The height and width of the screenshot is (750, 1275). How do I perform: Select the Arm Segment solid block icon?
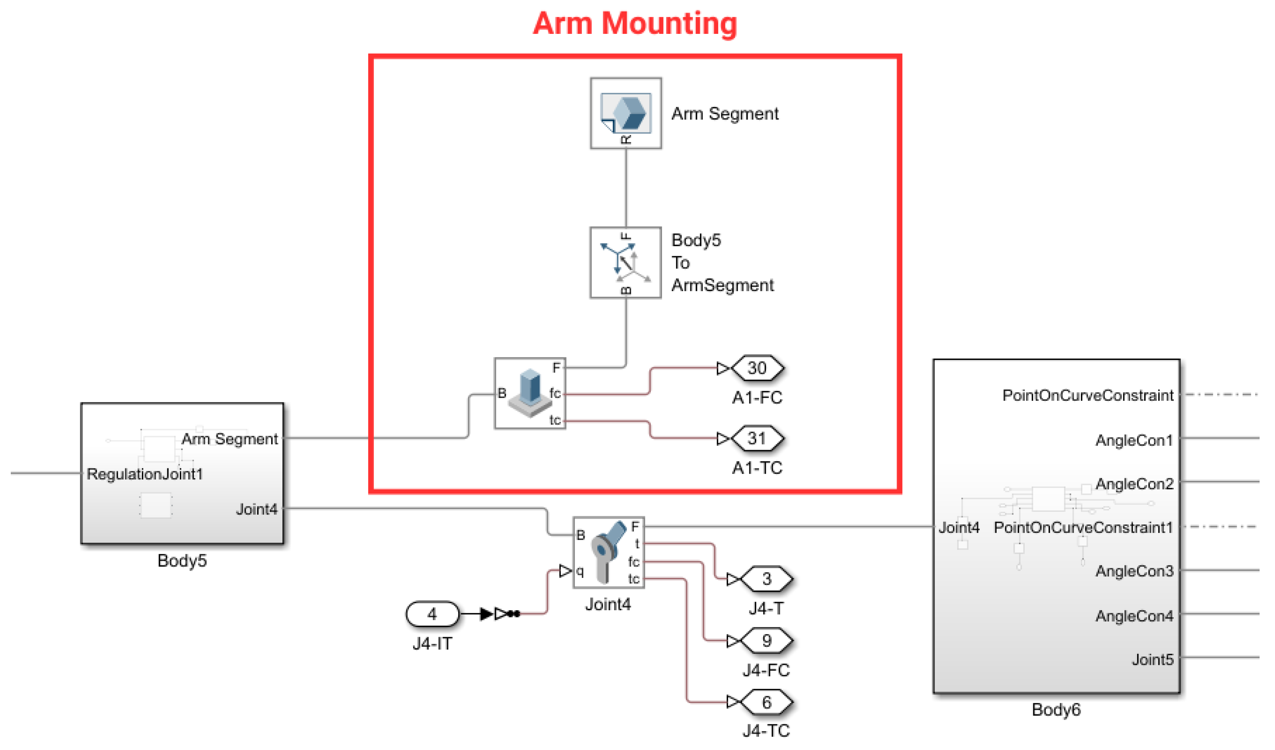point(626,113)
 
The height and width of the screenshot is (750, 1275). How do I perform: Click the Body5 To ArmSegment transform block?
point(625,263)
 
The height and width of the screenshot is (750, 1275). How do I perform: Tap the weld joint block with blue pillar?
point(530,393)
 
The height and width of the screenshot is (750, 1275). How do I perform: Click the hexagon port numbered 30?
point(757,368)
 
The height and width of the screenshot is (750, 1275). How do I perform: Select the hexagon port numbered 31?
point(757,438)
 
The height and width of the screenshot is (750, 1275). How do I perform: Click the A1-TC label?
point(757,468)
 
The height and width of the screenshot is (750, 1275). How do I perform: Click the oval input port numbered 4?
point(432,614)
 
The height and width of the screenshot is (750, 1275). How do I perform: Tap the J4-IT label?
point(432,644)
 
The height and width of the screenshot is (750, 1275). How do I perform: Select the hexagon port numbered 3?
point(767,579)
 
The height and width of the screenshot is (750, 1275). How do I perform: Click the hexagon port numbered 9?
point(767,641)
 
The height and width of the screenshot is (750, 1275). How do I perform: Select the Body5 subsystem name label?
point(182,560)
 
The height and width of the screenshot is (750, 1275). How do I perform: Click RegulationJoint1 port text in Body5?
point(145,474)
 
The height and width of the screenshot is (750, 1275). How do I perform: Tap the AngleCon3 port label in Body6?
point(1134,571)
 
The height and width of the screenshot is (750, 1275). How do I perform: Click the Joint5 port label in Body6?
point(1152,660)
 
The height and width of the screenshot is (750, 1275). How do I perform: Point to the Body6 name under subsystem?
point(1056,710)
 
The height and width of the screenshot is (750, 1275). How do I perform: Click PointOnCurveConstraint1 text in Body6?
point(1083,527)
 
